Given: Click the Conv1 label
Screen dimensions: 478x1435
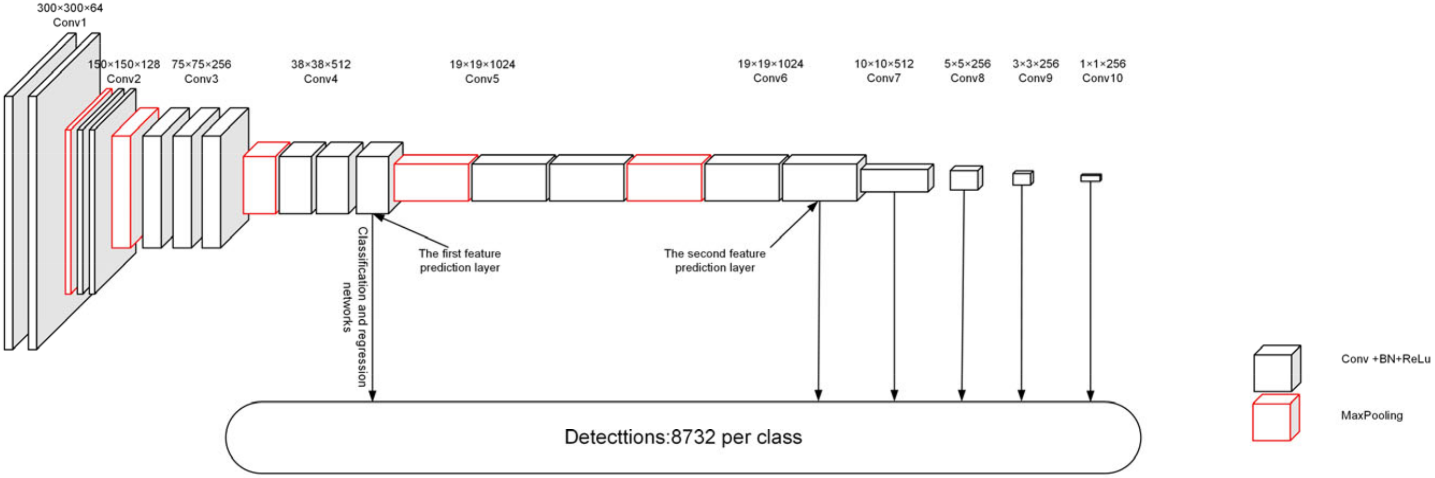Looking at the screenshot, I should (70, 23).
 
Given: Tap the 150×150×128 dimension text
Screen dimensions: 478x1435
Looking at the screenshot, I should (124, 64).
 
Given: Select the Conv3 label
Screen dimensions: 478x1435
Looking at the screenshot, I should (201, 79).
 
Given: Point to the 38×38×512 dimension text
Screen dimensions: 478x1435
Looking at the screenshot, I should (321, 64).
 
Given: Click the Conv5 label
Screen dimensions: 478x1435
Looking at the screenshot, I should (482, 79).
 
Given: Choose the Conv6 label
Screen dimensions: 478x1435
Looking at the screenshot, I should (770, 78).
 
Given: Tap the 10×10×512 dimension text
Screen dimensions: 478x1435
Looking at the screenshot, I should (884, 64).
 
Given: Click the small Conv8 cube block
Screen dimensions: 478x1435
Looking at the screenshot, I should (966, 179).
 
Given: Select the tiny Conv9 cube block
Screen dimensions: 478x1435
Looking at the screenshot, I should (1022, 178).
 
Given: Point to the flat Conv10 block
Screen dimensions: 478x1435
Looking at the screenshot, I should (1091, 178).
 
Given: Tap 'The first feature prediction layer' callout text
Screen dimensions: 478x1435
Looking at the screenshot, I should (460, 260).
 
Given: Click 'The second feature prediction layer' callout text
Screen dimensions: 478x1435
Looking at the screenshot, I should (715, 260).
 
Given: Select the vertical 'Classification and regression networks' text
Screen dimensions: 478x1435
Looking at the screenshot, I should (355, 306).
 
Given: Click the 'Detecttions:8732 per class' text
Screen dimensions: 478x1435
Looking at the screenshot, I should (683, 437).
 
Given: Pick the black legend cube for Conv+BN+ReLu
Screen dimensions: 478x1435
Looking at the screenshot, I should (1276, 370).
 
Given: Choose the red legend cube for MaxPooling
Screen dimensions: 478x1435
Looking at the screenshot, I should (1275, 419).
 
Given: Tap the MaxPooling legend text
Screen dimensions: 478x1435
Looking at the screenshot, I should (1372, 416).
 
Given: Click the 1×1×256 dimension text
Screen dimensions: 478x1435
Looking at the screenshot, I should (1102, 64).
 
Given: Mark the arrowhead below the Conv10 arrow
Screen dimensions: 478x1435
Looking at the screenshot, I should (1090, 396).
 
